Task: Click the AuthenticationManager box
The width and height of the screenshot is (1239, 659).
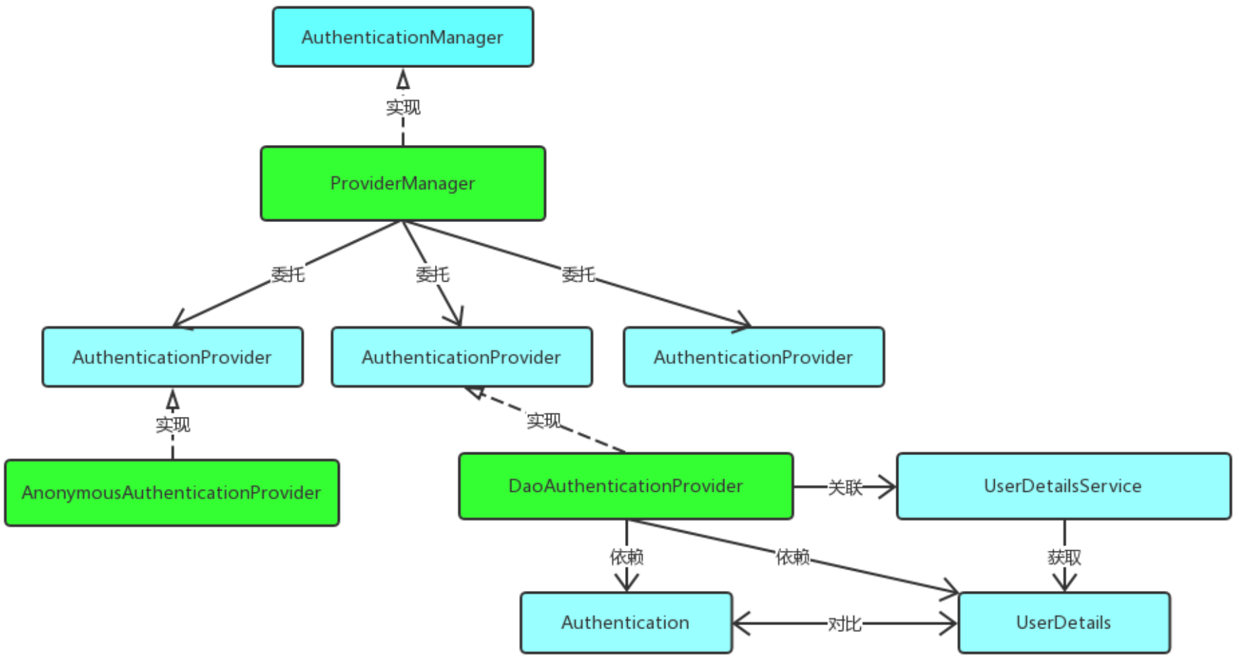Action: click(x=402, y=37)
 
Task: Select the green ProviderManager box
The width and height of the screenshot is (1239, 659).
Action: click(x=402, y=183)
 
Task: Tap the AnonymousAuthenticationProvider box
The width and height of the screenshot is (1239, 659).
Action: click(x=171, y=493)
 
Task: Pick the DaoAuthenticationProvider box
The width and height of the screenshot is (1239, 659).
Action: click(x=626, y=486)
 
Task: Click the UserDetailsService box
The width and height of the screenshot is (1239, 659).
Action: click(x=1063, y=486)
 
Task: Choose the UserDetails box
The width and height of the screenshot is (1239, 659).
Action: click(x=1063, y=622)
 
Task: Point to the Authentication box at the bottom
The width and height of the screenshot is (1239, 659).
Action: click(x=626, y=622)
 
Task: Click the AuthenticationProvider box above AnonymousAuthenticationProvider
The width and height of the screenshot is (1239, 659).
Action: click(x=172, y=357)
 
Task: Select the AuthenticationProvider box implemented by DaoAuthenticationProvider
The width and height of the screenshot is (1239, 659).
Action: click(x=461, y=357)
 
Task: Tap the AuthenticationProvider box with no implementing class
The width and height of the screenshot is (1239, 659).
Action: click(x=753, y=357)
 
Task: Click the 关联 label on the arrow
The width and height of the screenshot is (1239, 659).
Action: click(x=845, y=488)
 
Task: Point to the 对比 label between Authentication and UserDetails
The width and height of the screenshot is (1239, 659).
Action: click(x=844, y=624)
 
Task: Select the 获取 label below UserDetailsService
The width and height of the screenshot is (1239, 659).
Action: click(x=1064, y=557)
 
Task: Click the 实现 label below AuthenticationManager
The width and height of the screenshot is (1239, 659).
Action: click(x=403, y=107)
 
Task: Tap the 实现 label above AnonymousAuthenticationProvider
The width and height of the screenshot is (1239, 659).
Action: click(x=173, y=424)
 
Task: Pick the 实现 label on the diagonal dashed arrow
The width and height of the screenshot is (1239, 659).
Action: click(x=543, y=420)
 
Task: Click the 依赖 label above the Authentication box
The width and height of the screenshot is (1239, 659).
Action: click(x=626, y=556)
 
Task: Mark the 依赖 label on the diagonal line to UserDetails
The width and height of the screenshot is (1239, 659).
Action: click(x=792, y=556)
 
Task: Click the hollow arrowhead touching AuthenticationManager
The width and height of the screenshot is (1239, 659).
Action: click(x=403, y=79)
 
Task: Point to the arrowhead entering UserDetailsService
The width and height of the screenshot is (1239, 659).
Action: click(x=887, y=486)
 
